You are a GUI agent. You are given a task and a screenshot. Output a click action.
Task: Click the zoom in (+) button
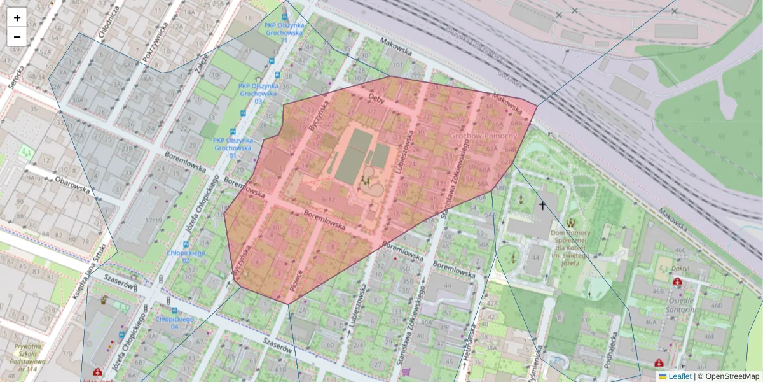17,18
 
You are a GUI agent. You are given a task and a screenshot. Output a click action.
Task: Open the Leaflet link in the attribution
680,376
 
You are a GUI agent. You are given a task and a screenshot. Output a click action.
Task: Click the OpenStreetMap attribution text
732,376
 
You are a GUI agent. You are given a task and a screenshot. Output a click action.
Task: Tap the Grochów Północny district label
483,136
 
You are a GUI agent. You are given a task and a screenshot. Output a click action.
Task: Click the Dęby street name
377,100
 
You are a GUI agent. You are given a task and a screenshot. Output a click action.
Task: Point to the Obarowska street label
72,188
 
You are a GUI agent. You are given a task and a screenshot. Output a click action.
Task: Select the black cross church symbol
542,205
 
